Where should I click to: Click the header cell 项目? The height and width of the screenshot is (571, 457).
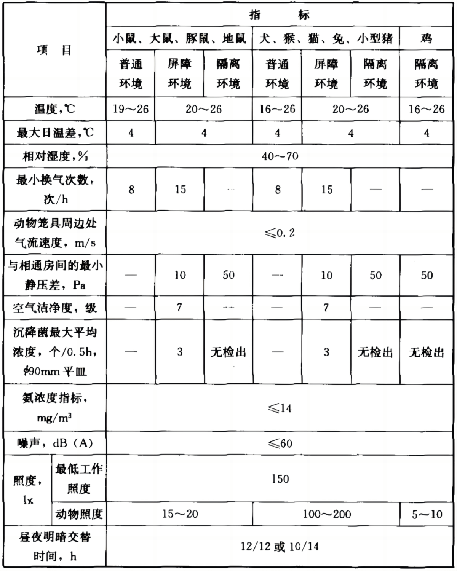[x=54, y=50]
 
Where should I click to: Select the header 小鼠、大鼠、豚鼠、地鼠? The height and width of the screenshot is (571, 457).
[x=179, y=38]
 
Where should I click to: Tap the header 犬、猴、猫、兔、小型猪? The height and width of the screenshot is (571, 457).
[x=326, y=38]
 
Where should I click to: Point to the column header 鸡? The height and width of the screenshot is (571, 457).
[x=426, y=38]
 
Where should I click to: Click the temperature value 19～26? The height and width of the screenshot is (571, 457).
[x=131, y=109]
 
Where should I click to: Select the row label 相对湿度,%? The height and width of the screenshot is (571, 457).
[x=55, y=156]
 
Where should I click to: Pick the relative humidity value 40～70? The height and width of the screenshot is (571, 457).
[x=280, y=156]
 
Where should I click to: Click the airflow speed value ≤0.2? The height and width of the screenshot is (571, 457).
[x=280, y=233]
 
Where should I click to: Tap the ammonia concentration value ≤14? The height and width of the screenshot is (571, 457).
[x=280, y=408]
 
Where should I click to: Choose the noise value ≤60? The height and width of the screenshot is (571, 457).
[x=280, y=443]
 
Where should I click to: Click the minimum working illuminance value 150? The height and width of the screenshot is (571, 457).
[x=280, y=478]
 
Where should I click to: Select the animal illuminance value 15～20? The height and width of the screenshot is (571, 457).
[x=180, y=514]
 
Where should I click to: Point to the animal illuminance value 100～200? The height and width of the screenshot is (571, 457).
[x=326, y=514]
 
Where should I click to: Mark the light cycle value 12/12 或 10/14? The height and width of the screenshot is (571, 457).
[x=280, y=547]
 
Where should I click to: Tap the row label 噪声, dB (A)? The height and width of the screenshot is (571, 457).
[x=55, y=443]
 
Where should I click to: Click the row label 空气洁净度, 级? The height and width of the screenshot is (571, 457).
[x=55, y=308]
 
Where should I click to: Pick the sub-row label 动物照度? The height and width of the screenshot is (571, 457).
[x=79, y=514]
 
